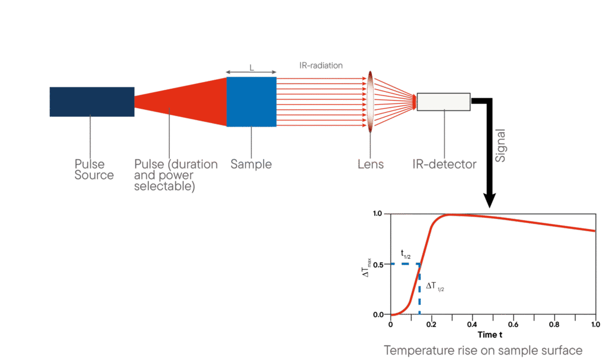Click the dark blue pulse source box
click(x=92, y=101)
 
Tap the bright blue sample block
click(x=251, y=101)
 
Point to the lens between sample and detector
click(x=370, y=102)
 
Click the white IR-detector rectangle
click(x=444, y=102)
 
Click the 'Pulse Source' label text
click(x=94, y=169)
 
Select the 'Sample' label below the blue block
click(x=251, y=164)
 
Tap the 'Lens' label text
click(x=371, y=164)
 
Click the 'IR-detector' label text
click(x=444, y=164)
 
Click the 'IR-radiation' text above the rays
click(x=321, y=65)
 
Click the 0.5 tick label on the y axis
click(x=378, y=264)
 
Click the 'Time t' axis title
click(x=493, y=334)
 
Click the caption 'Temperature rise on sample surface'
click(x=483, y=349)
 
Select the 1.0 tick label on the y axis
click(x=378, y=214)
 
